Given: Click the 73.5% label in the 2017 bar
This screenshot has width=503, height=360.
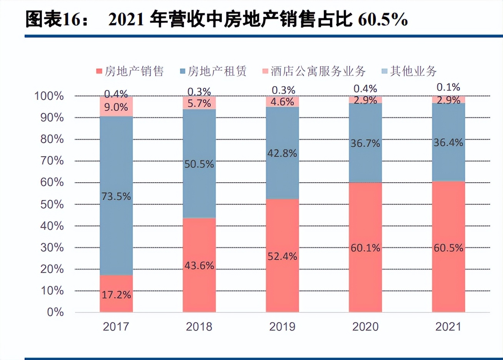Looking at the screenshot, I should (116, 196).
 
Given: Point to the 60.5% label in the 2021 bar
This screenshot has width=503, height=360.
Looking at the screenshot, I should (448, 248).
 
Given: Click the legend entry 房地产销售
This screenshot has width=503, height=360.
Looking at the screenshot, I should (130, 71).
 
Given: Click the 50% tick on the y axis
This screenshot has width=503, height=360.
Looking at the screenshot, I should (52, 204).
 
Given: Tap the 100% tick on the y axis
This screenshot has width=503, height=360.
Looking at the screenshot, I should (49, 96).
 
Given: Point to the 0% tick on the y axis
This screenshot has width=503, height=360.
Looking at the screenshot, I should (55, 312).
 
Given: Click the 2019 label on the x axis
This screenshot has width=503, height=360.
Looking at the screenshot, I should (282, 327).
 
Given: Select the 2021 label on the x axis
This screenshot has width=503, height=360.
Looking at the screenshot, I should (448, 327).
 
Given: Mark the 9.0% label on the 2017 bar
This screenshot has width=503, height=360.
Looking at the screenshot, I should (116, 107).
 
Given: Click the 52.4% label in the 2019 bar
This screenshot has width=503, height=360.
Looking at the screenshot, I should (282, 256).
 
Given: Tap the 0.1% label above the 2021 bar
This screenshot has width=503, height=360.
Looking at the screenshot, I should (448, 87).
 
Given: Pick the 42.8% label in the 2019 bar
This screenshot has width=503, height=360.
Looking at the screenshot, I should (282, 153).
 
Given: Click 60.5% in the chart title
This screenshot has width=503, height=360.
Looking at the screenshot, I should (383, 19).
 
